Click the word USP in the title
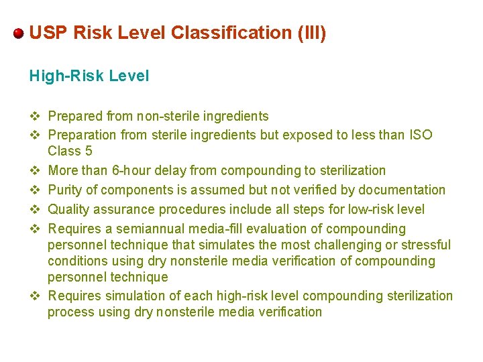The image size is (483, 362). coord(46,33)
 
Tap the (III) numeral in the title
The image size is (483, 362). coord(311,33)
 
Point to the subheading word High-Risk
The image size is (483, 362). coord(66,76)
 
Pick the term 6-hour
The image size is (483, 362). coord(145,170)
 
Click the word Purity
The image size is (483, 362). coord(68,190)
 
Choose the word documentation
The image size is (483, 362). coord(402,190)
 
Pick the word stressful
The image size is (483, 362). coord(426,245)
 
